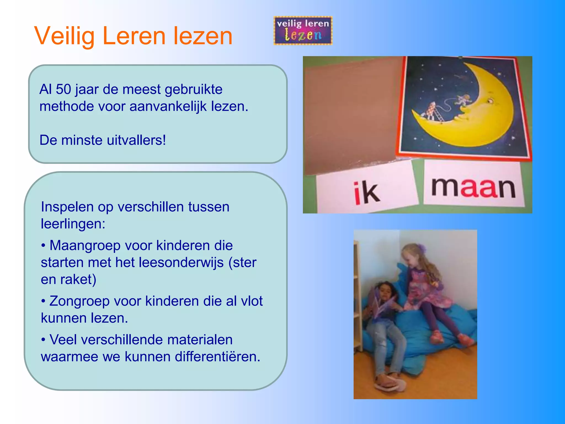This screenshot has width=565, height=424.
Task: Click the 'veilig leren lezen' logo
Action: tap(303, 31)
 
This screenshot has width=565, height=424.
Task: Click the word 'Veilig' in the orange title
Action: tap(64, 36)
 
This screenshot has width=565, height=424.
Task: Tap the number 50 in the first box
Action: tap(63, 89)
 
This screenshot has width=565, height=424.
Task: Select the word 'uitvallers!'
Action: tap(136, 140)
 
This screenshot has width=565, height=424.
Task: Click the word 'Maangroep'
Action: tap(85, 245)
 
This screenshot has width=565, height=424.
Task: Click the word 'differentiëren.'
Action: tap(217, 357)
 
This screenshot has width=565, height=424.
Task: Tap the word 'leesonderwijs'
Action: tap(181, 263)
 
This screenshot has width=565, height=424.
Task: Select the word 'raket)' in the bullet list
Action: tap(78, 279)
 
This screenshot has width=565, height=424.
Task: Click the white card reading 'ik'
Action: tap(367, 190)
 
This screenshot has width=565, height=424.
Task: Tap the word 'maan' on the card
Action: tap(473, 187)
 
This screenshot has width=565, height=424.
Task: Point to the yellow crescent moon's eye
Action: tap(490, 101)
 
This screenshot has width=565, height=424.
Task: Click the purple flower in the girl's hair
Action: tap(421, 248)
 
